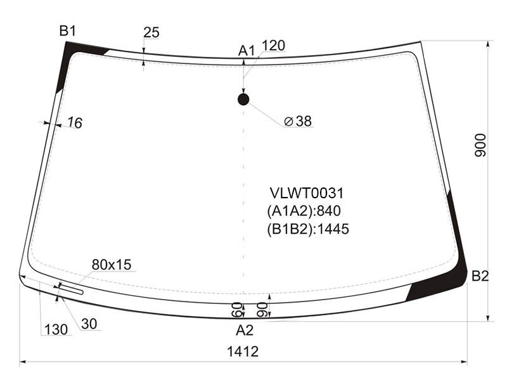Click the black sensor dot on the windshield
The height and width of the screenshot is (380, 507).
pyautogui.click(x=243, y=99)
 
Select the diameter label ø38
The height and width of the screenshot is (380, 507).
pyautogui.click(x=297, y=121)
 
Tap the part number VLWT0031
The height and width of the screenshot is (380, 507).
pyautogui.click(x=307, y=193)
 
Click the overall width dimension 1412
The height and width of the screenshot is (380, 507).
pyautogui.click(x=243, y=351)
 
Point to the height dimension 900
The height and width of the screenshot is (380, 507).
pyautogui.click(x=480, y=145)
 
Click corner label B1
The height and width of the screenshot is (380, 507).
pyautogui.click(x=68, y=31)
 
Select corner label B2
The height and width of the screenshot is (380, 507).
pyautogui.click(x=480, y=276)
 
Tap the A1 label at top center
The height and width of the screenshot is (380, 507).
pyautogui.click(x=247, y=51)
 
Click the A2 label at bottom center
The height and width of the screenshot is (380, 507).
pyautogui.click(x=245, y=330)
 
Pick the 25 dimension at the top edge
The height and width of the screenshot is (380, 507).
pyautogui.click(x=151, y=32)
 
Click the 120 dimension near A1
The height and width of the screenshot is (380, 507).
pyautogui.click(x=273, y=46)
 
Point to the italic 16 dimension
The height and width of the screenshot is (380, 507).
pyautogui.click(x=75, y=123)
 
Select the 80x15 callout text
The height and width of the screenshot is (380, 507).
pyautogui.click(x=112, y=265)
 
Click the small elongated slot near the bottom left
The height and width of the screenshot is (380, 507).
pyautogui.click(x=71, y=289)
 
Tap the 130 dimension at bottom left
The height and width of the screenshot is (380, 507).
pyautogui.click(x=56, y=329)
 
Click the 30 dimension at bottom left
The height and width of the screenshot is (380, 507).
pyautogui.click(x=89, y=324)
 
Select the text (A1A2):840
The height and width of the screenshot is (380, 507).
pyautogui.click(x=304, y=211)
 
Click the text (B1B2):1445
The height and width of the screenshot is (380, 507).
pyautogui.click(x=308, y=229)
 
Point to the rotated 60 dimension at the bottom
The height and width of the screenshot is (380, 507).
pyautogui.click(x=237, y=310)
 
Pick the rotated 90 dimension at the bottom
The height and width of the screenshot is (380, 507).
pyautogui.click(x=262, y=310)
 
